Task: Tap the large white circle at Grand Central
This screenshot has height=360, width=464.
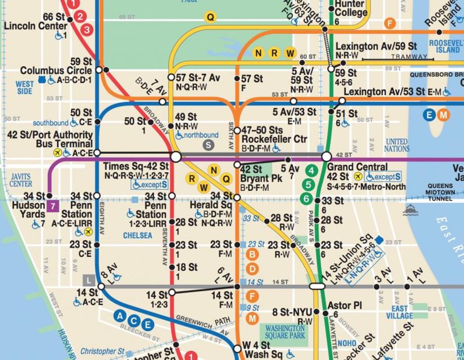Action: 326,156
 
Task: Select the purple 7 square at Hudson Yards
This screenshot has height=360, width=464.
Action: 53,206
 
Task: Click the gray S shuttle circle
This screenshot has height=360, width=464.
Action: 208,145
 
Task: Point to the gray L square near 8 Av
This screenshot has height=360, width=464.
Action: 88,281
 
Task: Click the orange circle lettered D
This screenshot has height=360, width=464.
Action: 252,269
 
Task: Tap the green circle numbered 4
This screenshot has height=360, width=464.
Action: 311,171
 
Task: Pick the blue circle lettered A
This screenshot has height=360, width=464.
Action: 120,316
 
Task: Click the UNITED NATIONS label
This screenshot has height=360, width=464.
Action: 396,145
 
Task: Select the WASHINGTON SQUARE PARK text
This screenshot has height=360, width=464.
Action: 284,332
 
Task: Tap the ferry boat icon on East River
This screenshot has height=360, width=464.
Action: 410,210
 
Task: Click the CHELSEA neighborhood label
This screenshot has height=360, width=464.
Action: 138,235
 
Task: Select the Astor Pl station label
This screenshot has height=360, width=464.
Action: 344,305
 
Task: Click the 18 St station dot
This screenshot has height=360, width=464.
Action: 172,267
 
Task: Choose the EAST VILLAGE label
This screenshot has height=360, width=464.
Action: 399,312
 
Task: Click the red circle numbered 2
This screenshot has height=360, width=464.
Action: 80,16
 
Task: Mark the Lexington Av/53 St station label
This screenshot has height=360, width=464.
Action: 384,91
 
